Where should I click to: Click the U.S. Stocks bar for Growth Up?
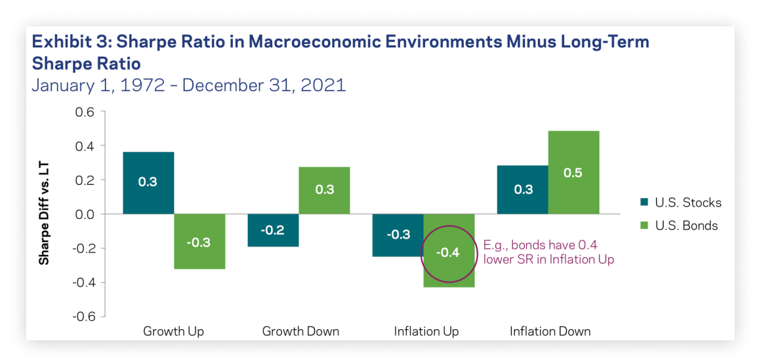(148, 183)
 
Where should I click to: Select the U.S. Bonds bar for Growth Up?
(199, 241)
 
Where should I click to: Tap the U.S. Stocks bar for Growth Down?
(272, 230)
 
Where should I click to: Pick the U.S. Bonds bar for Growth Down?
(324, 190)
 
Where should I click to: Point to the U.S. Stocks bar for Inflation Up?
(398, 235)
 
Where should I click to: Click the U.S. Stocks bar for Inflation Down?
(522, 190)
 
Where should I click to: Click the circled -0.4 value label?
(449, 252)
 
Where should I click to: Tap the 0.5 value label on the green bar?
(574, 173)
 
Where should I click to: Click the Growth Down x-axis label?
(300, 331)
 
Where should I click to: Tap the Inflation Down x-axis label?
(550, 331)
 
